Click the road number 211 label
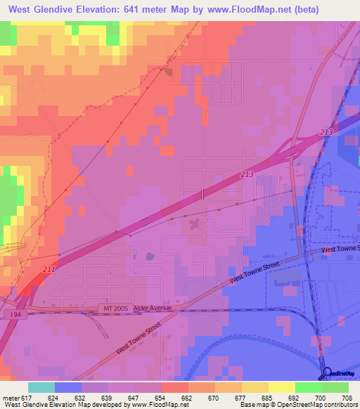tap(48, 268)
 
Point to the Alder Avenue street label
tap(153, 309)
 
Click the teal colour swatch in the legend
tap(41, 387)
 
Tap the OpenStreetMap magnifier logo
tap(328, 372)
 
